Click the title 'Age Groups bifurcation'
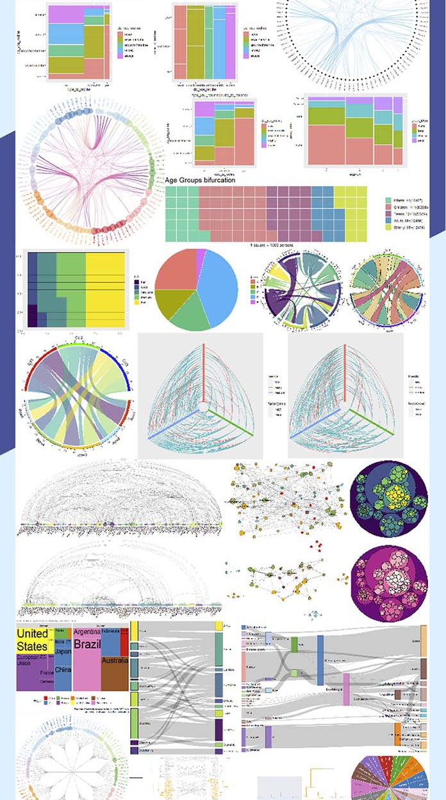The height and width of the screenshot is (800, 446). [200, 180]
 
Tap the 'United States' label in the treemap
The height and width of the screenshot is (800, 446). [32, 639]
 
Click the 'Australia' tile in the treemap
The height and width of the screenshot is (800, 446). [115, 660]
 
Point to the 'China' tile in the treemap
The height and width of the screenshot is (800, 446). [63, 670]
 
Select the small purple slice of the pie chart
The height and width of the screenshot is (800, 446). [201, 255]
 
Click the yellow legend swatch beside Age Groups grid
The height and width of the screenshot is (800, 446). [388, 227]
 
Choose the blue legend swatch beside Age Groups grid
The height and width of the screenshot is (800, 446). [388, 218]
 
